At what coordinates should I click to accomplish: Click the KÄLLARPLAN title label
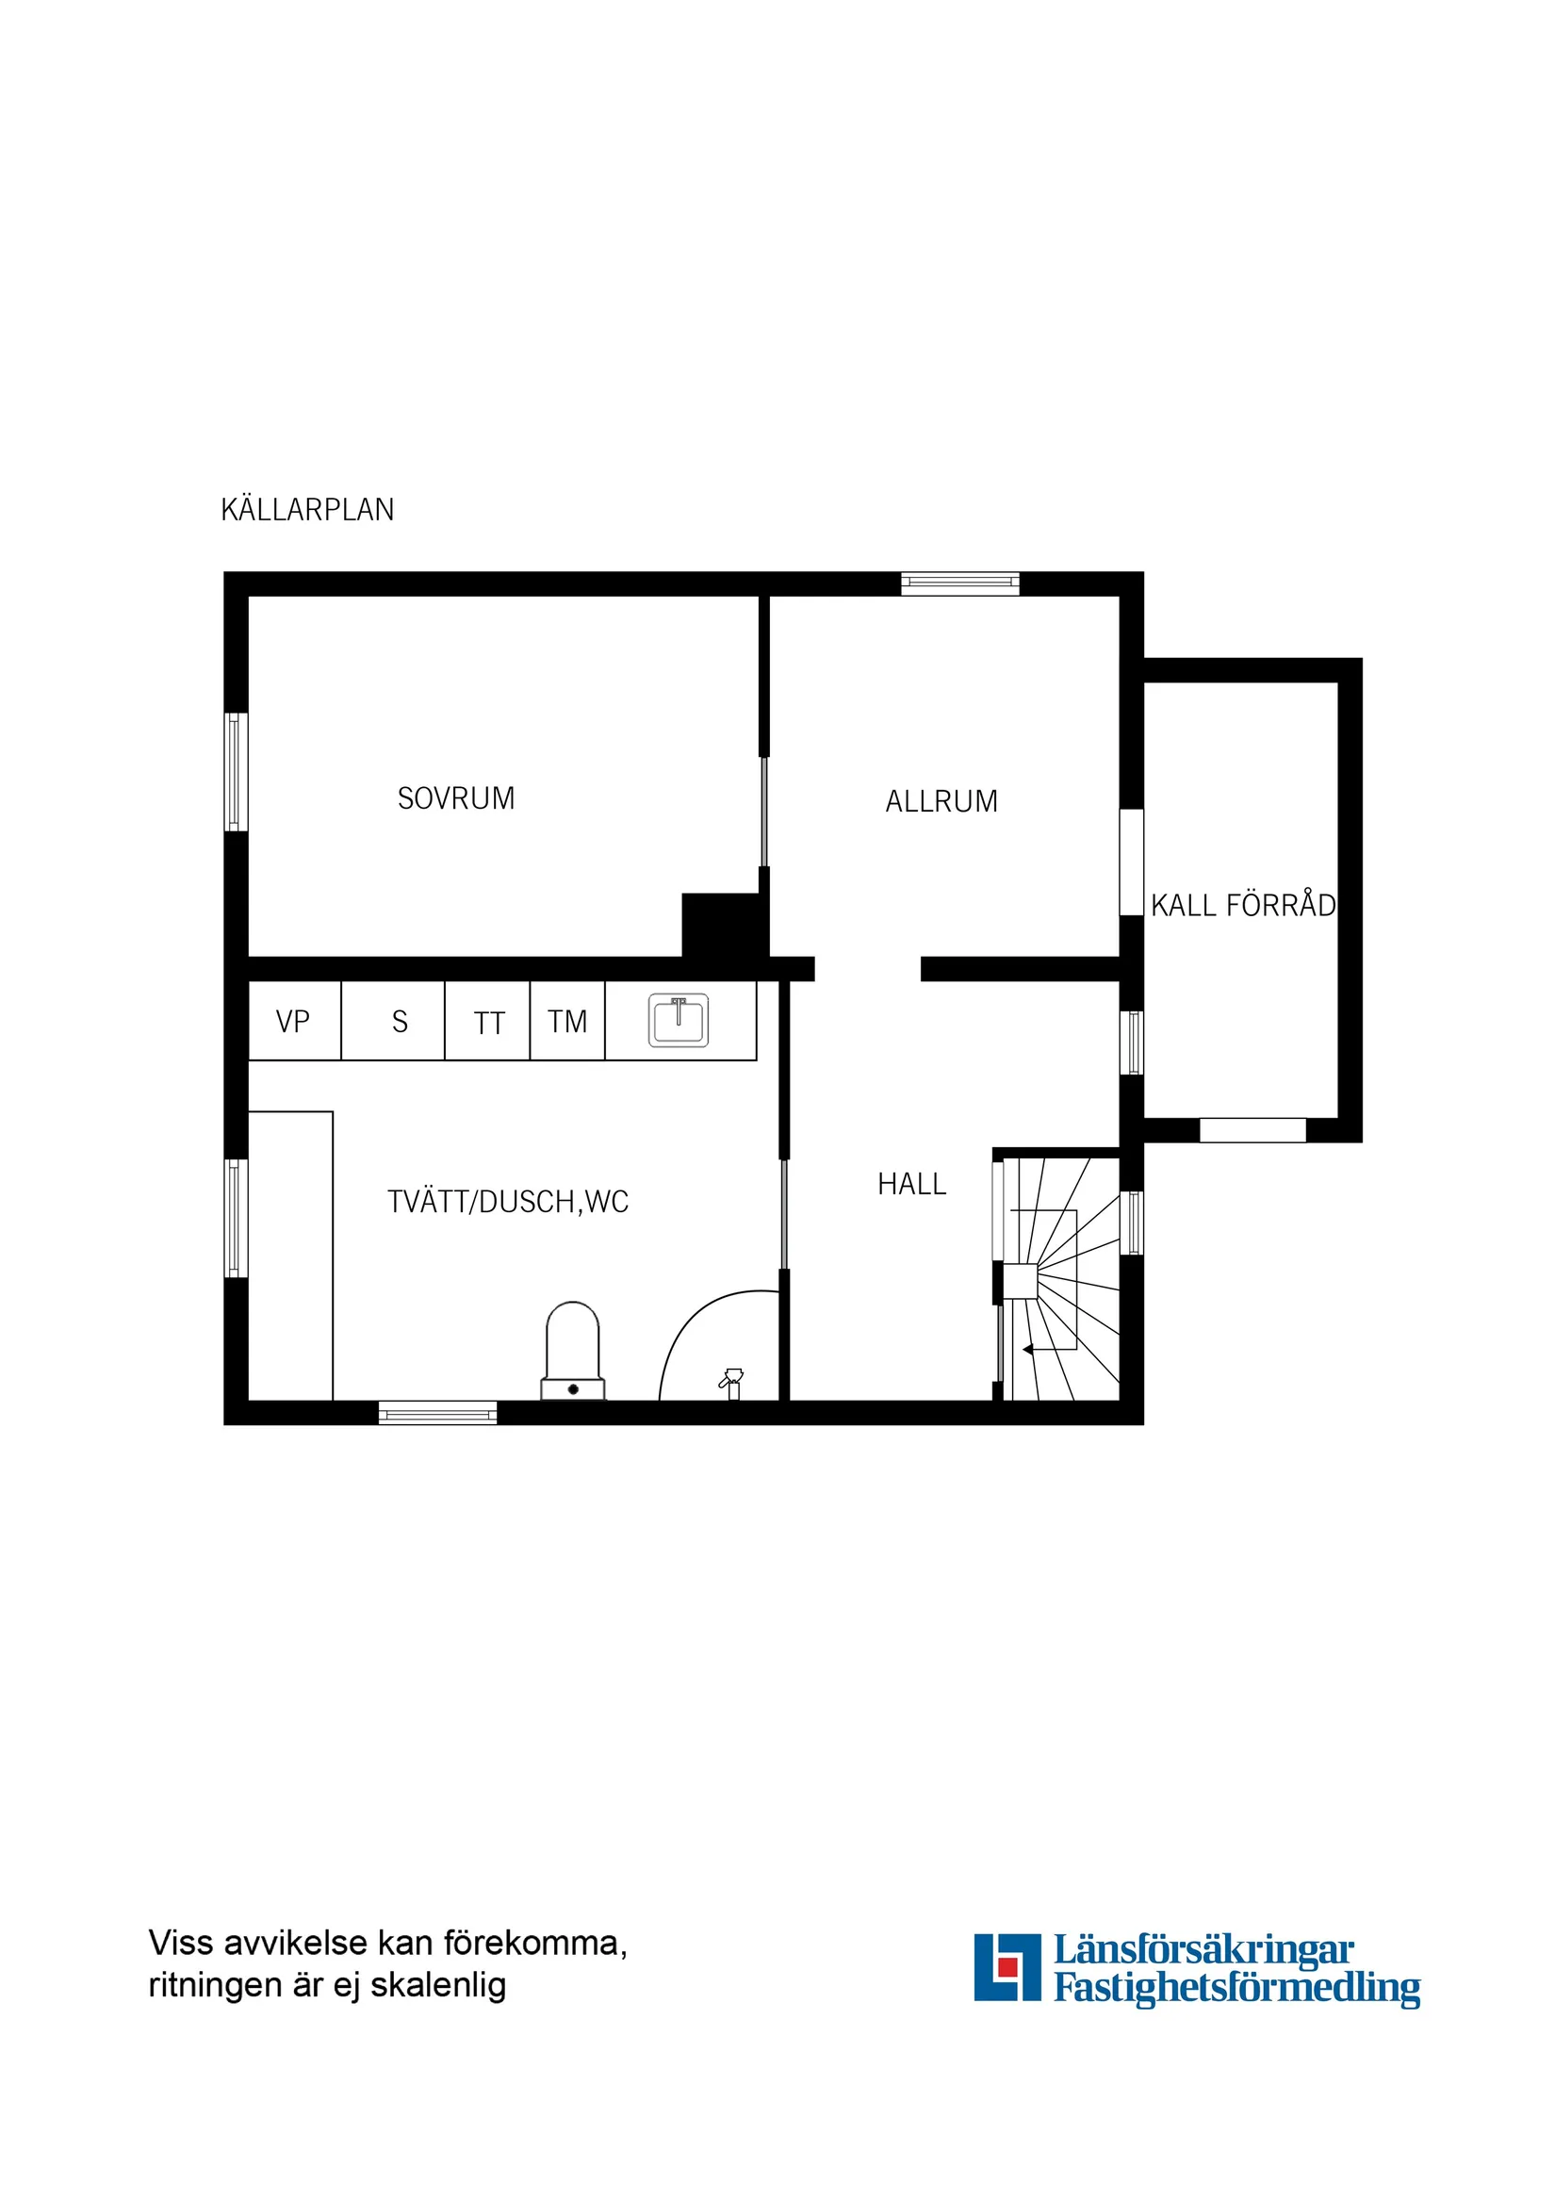tap(306, 510)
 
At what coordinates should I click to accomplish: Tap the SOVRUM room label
tap(456, 798)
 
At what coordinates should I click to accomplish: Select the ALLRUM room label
tap(941, 801)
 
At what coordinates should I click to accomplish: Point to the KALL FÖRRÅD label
tap(1243, 906)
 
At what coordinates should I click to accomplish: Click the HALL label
tap(911, 1184)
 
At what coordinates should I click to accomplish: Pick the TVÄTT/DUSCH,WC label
tap(508, 1202)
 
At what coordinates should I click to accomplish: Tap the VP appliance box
tap(293, 1022)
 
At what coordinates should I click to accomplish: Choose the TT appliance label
tap(488, 1024)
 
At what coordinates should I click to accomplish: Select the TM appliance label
tap(567, 1022)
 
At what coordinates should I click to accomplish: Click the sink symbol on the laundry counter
tap(679, 1021)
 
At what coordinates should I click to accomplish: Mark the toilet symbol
tap(573, 1352)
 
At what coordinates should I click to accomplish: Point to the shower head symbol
tap(732, 1381)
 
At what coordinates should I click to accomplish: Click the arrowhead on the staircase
tap(1028, 1350)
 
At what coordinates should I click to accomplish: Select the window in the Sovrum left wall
tap(235, 771)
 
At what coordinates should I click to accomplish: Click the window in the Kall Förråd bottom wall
tap(1252, 1131)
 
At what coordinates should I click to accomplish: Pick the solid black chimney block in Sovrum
tap(723, 926)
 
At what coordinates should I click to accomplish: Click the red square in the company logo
tap(1006, 1966)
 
